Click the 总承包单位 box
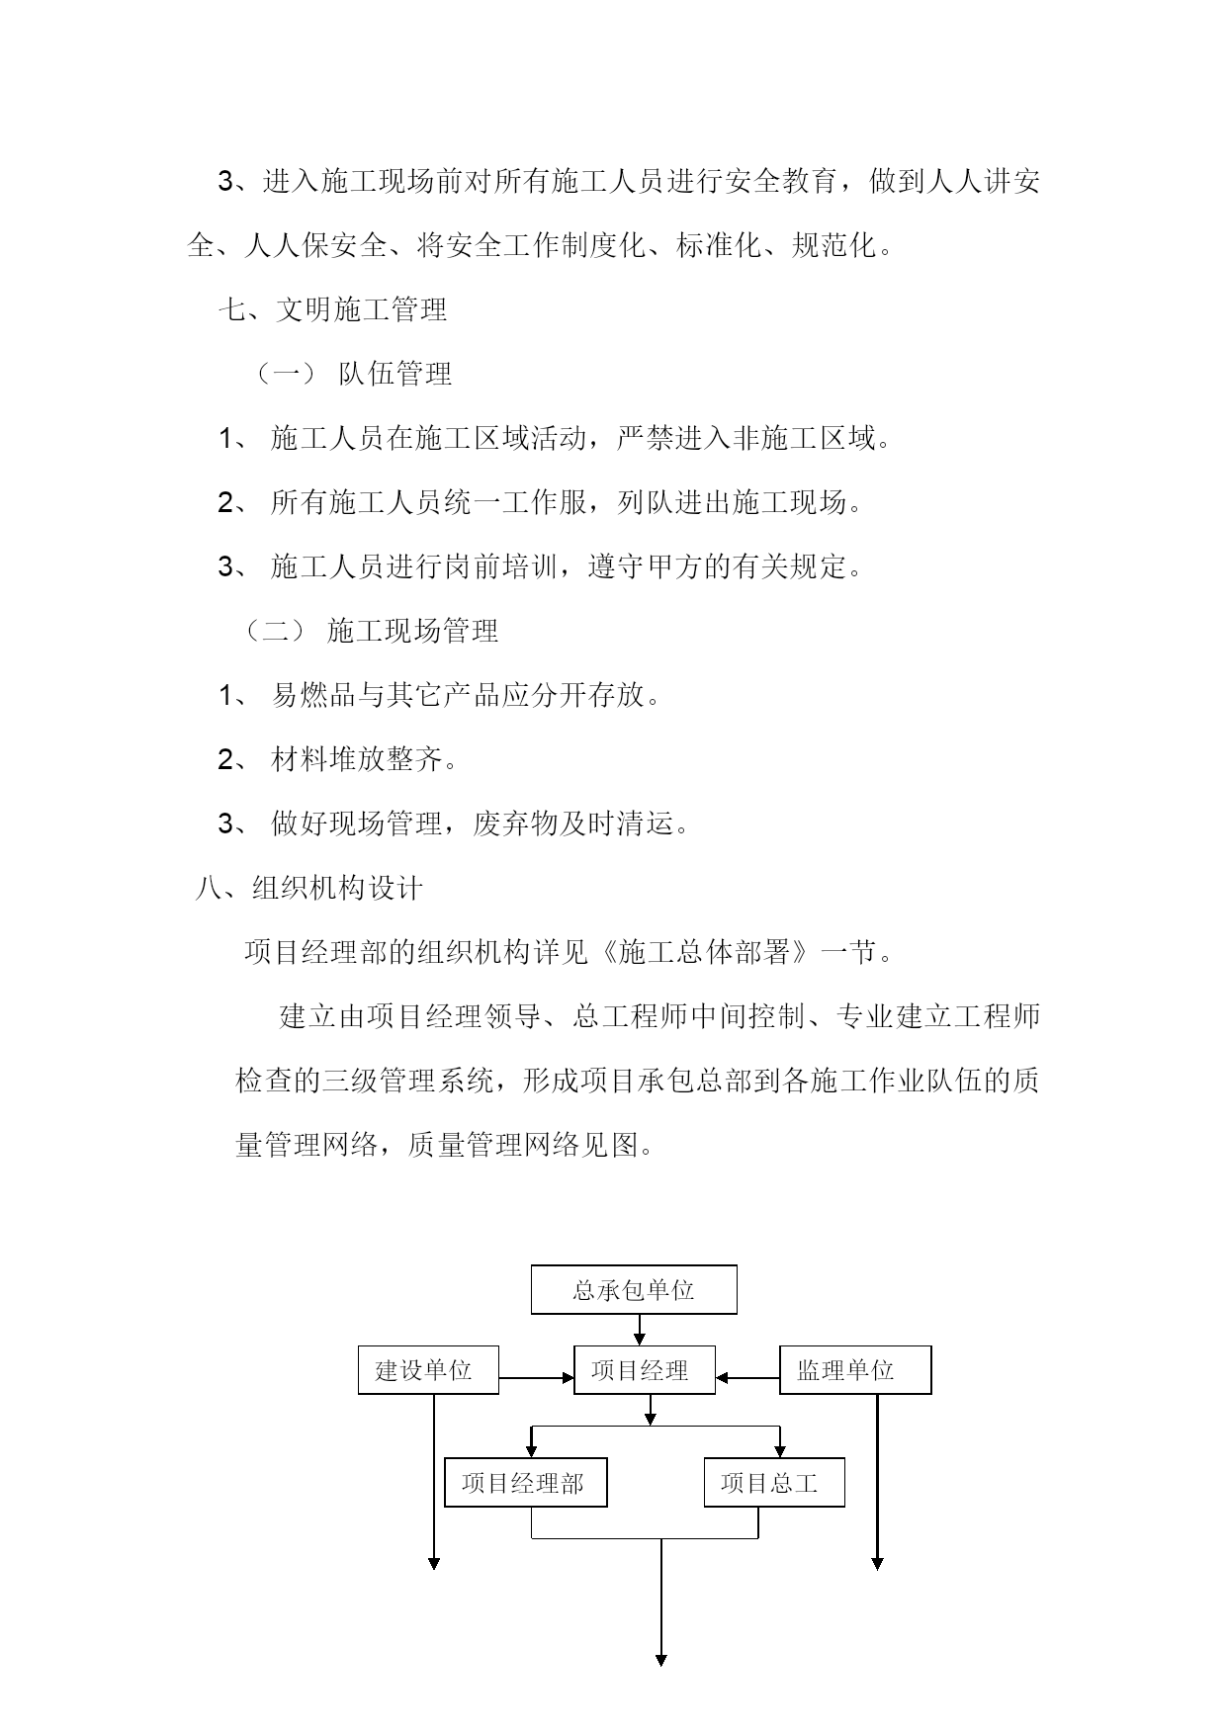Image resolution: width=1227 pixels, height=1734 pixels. (634, 1289)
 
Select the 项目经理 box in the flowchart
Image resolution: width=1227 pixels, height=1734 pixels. (645, 1370)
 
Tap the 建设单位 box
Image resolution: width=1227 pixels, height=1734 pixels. (428, 1370)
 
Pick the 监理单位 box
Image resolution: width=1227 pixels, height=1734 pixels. (855, 1370)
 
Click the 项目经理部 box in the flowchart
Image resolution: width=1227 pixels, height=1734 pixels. (526, 1483)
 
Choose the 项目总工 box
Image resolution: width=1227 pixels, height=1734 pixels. (774, 1483)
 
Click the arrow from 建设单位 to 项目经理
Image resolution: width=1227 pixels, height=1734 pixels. (537, 1377)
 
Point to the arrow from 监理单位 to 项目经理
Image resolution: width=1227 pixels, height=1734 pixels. (747, 1377)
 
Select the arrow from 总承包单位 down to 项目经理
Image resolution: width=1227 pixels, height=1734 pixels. (640, 1330)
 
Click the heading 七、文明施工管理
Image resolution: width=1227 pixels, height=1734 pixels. (332, 309)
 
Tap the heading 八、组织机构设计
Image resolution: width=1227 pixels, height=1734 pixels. (308, 888)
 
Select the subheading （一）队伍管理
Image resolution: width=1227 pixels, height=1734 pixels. (353, 374)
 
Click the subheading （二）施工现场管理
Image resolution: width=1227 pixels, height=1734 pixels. (371, 631)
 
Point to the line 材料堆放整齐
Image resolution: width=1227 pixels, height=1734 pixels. (338, 759)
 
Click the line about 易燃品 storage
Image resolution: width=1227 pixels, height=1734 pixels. (439, 695)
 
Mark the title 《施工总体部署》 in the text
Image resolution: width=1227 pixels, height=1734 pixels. (709, 952)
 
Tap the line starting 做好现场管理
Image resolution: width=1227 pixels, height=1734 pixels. (454, 824)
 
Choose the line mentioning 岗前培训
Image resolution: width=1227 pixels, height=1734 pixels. (541, 566)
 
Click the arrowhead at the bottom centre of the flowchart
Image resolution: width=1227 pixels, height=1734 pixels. (660, 1659)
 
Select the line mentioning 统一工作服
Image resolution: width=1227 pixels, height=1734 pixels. (541, 502)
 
